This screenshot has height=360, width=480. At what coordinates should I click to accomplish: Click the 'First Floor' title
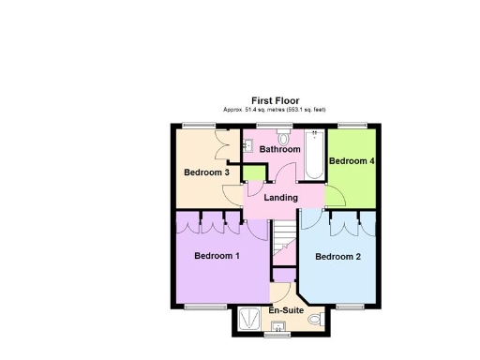click(x=275, y=100)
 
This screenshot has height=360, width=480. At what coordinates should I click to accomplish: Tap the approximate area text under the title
click(x=275, y=110)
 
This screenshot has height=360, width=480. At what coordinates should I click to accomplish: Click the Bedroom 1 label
click(x=217, y=256)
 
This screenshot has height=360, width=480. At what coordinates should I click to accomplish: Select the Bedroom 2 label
click(x=337, y=257)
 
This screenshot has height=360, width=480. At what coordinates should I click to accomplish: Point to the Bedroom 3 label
click(x=206, y=172)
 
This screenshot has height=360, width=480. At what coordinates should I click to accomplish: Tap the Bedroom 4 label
click(x=352, y=161)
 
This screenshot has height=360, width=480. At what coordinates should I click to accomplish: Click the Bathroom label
click(x=279, y=149)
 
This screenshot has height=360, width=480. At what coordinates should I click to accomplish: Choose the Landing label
click(x=280, y=198)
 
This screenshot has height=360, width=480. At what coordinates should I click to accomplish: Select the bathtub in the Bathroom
click(x=313, y=157)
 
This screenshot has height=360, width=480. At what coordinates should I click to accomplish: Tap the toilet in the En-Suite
click(x=314, y=321)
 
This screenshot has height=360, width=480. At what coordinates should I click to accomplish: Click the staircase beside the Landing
click(x=284, y=245)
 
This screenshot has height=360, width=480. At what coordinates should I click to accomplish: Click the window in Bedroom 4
click(x=352, y=125)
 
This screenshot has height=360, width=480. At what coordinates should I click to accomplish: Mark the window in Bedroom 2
click(x=349, y=307)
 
